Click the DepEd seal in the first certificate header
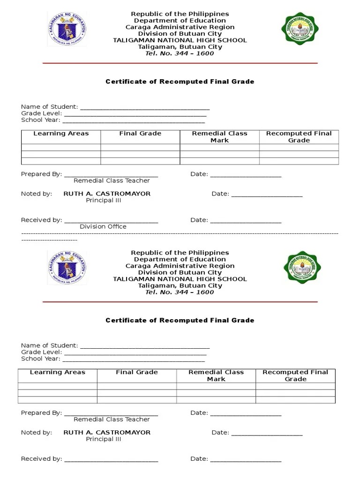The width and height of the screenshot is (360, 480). click(67, 29)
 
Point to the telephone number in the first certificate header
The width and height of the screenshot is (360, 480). click(180, 53)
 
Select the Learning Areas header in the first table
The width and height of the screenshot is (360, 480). click(61, 134)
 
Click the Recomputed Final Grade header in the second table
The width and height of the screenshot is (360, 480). click(295, 375)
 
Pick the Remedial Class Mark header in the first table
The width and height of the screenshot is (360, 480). click(219, 137)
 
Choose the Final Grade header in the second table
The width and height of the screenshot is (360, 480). click(137, 372)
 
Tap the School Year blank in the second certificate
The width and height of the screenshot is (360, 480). click(134, 360)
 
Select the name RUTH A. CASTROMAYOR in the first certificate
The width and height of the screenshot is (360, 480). click(107, 194)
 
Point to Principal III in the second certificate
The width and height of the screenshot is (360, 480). click(104, 439)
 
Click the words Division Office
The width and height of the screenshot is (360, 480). click(103, 226)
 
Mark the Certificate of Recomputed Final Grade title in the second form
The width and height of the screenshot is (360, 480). click(180, 320)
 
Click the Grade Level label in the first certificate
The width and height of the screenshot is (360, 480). click(41, 113)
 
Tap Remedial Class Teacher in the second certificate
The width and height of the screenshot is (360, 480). click(112, 420)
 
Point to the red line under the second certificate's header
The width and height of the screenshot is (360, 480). click(180, 302)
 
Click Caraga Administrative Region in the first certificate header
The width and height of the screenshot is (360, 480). click(180, 27)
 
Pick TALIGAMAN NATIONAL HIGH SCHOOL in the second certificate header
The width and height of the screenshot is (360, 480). click(180, 279)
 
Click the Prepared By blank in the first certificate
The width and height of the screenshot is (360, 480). click(111, 175)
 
